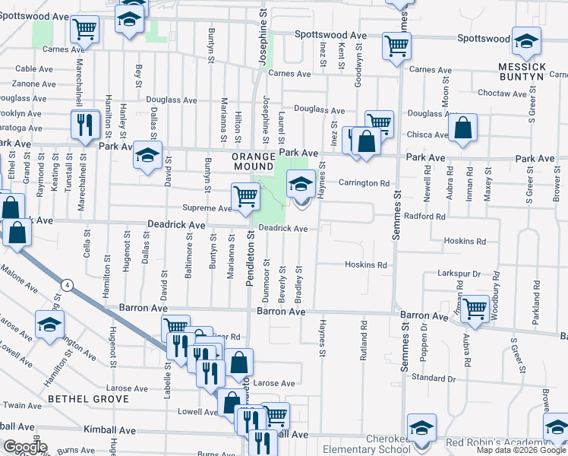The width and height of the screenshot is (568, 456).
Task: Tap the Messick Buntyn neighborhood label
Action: pos(522,71)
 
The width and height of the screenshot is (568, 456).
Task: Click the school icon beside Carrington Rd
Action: pos(301,183)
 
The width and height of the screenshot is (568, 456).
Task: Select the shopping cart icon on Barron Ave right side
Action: pos(475,308)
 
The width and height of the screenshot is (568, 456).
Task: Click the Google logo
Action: pos(25,447)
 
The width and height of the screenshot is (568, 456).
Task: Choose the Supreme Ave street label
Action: pos(206,208)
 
